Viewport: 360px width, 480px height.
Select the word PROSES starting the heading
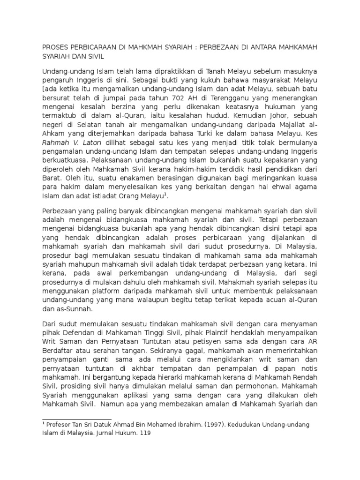coord(55,47)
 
